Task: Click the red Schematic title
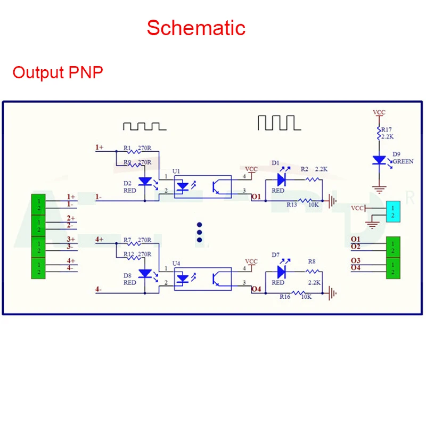coord(196,28)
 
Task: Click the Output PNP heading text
coord(58,72)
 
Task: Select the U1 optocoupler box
coord(203,187)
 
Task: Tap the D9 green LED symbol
coord(379,160)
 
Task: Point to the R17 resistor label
coord(386,129)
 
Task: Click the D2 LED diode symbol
coord(145,182)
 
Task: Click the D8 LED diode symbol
coord(145,273)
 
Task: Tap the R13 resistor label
coord(292,204)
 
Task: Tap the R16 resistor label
coord(285,297)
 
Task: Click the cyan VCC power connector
coord(392,211)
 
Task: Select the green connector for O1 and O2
coord(392,247)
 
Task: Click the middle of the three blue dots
coord(200,232)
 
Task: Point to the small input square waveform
coord(144,126)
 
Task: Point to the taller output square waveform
coord(278,122)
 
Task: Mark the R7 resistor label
coord(127,240)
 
